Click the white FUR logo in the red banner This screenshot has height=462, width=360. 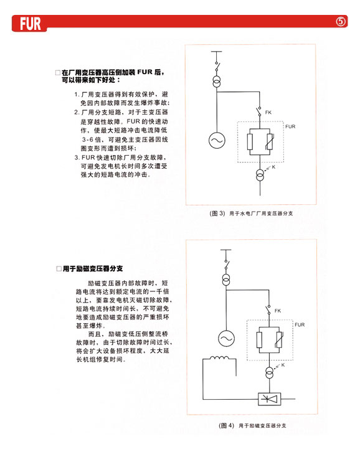tap(31, 24)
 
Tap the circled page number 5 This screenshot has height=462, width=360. tap(341, 22)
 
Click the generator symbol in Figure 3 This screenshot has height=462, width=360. tap(217, 140)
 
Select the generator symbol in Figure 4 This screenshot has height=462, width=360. tap(226, 338)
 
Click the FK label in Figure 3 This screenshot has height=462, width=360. tap(268, 113)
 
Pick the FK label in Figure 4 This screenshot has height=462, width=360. tap(278, 311)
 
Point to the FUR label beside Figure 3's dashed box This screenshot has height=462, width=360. tap(290, 126)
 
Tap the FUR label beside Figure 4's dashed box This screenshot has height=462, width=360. tap(300, 324)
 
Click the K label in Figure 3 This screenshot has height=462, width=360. tap(273, 167)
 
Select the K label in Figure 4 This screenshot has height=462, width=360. tap(283, 365)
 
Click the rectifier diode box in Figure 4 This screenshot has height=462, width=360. tap(269, 399)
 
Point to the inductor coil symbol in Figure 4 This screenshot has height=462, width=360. tap(219, 357)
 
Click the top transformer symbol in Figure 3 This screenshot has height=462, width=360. tap(217, 82)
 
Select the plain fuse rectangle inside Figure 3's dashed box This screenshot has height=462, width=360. tap(250, 142)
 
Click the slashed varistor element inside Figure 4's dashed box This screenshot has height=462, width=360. tap(279, 340)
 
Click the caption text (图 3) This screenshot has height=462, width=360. tap(217, 214)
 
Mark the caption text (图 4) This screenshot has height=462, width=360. tap(227, 425)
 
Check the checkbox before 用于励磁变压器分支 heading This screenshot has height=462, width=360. tap(59, 269)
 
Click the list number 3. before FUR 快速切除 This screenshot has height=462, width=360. tap(77, 158)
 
